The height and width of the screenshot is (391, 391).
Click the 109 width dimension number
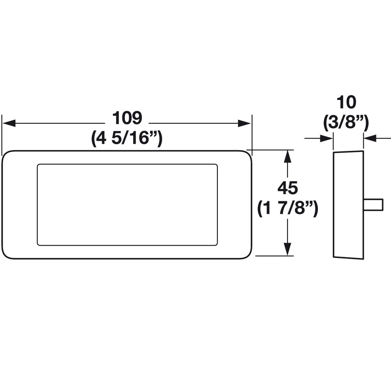pos(126,118)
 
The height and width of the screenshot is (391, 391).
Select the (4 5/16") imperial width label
pos(126,139)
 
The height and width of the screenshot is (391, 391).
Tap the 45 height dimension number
pos(288,188)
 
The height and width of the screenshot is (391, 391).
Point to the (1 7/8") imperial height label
pos(288,208)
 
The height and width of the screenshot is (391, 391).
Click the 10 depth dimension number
pos(346,102)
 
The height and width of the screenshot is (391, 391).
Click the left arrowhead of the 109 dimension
pos(9,123)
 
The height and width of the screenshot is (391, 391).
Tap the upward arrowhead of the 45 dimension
pos(288,156)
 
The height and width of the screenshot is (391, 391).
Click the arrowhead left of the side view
pos(327,138)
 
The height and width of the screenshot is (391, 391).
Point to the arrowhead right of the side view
pos(370,138)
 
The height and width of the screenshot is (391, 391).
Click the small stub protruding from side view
pos(374,204)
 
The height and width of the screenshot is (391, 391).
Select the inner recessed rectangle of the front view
pos(127,204)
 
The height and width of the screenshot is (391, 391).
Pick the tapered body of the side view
pos(348,204)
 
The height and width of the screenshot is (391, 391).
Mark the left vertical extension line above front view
pos(2,133)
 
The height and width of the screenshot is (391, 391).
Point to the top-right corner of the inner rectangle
pos(216,166)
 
